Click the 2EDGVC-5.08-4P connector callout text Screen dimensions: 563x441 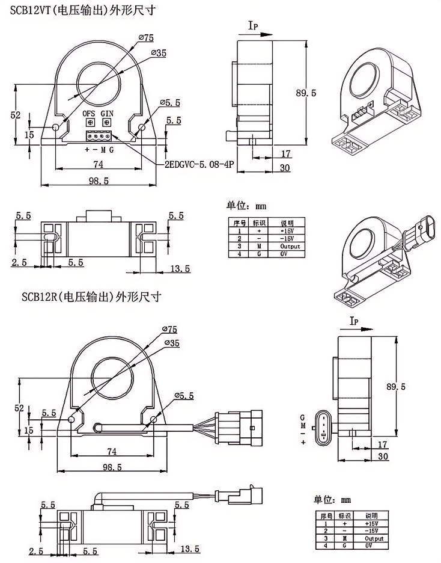click(198, 164)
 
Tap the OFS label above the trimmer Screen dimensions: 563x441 click(88, 113)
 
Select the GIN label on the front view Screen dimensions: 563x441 click(107, 113)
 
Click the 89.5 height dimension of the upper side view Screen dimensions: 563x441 click(306, 93)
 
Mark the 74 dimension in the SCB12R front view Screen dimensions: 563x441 click(111, 451)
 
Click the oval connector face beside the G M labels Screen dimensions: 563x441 click(323, 426)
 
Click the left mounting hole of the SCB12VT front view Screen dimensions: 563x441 click(56, 127)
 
